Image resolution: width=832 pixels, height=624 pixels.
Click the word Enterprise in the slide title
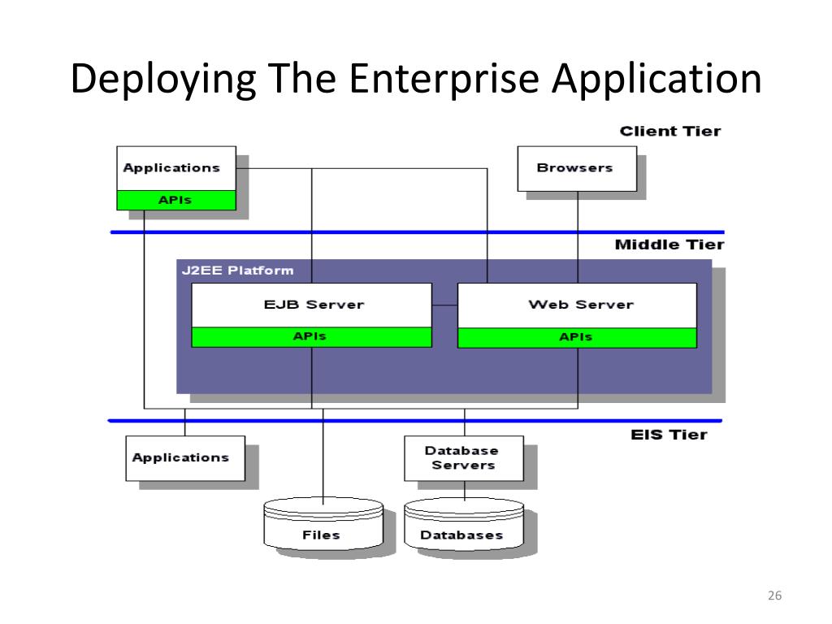(444, 79)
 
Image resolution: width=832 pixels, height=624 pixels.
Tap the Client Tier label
(670, 131)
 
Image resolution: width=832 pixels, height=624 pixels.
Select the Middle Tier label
(669, 245)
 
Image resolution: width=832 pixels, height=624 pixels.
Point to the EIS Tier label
(669, 435)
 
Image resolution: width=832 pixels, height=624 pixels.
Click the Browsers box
(577, 169)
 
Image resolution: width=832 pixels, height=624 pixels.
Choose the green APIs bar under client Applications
(176, 200)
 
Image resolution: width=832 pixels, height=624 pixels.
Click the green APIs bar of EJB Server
(311, 337)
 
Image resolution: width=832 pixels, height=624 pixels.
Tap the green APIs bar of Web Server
(578, 337)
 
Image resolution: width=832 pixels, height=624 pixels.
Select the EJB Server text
(314, 305)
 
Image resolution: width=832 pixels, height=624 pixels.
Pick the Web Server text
(581, 305)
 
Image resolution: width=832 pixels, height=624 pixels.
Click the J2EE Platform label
(237, 270)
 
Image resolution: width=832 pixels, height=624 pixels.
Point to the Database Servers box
(464, 458)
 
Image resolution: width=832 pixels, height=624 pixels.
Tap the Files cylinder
(323, 524)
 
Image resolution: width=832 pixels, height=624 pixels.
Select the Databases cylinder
(464, 524)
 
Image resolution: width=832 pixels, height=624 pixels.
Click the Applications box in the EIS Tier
(185, 458)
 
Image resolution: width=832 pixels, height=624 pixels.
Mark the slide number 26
(774, 596)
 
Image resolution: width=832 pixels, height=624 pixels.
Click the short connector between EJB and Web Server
(444, 305)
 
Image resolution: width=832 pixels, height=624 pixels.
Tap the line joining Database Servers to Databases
(464, 491)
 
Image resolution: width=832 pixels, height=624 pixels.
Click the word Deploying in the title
(163, 80)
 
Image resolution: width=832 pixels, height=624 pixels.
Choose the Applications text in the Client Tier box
(171, 168)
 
